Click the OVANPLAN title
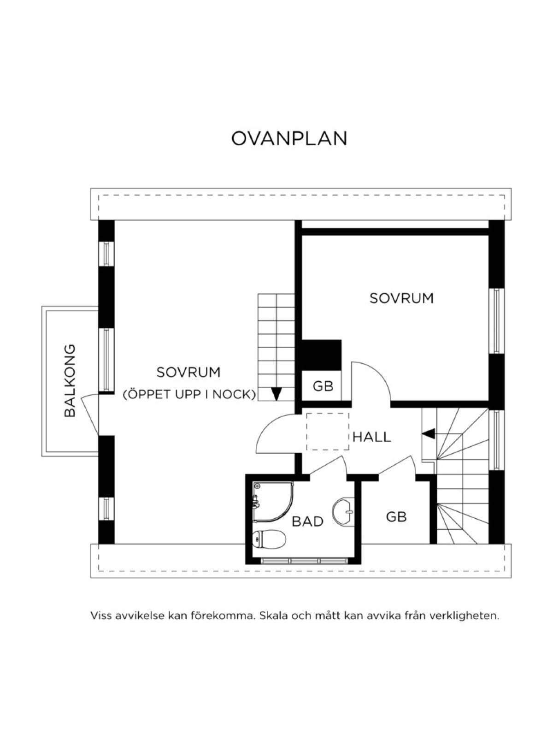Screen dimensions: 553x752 click(x=289, y=138)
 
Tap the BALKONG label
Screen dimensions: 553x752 click(x=70, y=380)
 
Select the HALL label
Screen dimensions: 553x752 click(x=372, y=437)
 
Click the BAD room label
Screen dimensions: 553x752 click(x=307, y=521)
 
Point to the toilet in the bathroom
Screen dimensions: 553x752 click(x=269, y=539)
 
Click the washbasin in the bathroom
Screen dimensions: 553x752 click(x=343, y=512)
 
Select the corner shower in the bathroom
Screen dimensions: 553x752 click(x=273, y=502)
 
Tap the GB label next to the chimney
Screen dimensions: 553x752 click(x=323, y=386)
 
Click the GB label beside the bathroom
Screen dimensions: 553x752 click(x=396, y=517)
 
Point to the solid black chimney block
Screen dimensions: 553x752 click(x=322, y=355)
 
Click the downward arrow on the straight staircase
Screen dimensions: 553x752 click(x=276, y=394)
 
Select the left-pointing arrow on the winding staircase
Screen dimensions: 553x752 click(x=428, y=434)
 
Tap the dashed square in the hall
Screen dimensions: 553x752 click(x=328, y=432)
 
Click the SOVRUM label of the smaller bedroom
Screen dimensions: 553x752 click(x=401, y=298)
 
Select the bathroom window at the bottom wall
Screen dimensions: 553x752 click(x=305, y=561)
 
